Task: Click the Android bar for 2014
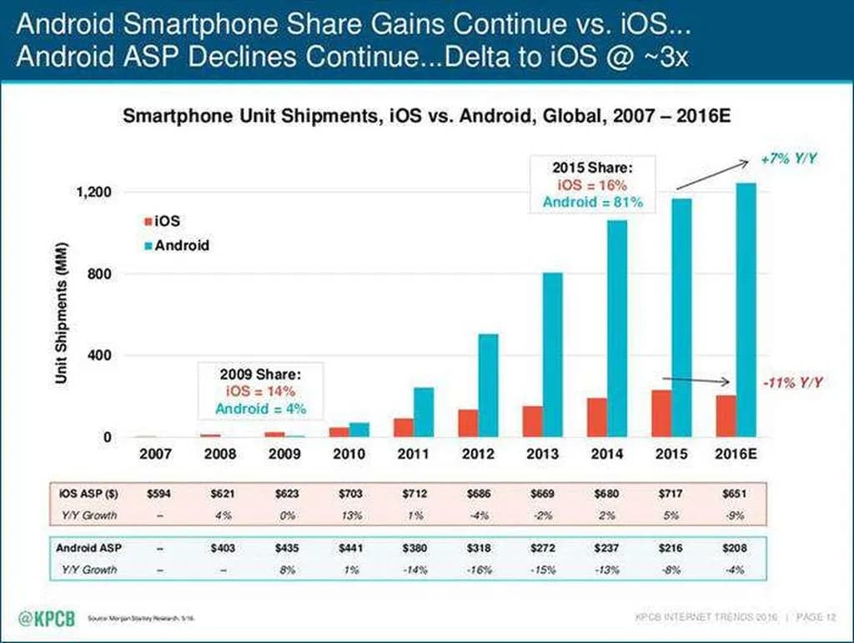click(x=616, y=329)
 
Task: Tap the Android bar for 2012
click(x=488, y=385)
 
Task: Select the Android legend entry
click(x=178, y=246)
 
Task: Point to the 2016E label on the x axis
click(x=736, y=455)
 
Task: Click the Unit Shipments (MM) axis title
click(x=62, y=314)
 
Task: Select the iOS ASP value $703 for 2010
click(x=350, y=493)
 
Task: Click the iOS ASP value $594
click(x=159, y=493)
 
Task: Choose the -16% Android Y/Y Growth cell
click(x=479, y=570)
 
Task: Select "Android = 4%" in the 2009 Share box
click(x=260, y=409)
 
